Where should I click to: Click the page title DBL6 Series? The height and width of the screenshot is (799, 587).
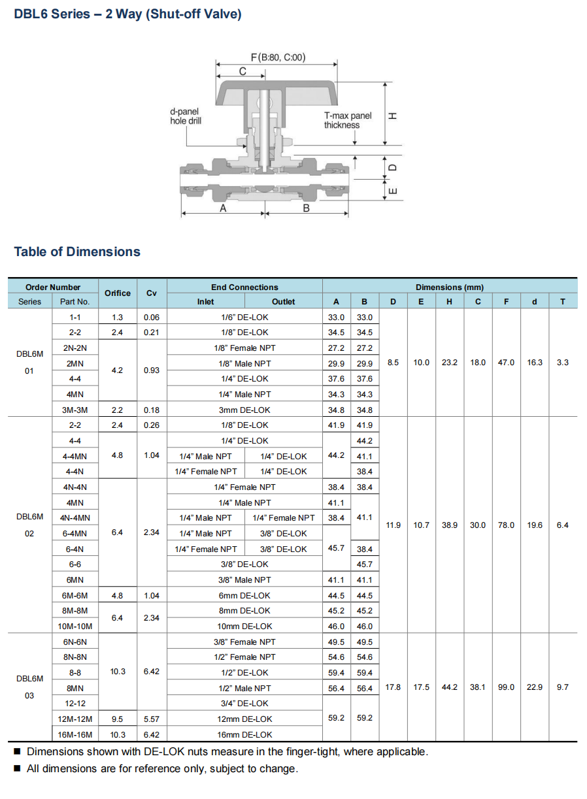tap(127, 14)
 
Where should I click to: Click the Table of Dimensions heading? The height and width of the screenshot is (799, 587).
tap(77, 252)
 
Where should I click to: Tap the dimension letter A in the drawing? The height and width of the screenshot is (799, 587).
tap(223, 208)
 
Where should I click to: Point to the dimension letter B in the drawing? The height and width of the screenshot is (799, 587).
tap(306, 208)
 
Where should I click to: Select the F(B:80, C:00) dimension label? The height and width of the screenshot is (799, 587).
tap(278, 57)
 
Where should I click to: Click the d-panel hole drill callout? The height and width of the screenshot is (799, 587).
tap(186, 116)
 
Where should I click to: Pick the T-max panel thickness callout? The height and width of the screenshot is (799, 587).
tap(347, 120)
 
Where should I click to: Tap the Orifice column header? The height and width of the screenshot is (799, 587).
tap(118, 293)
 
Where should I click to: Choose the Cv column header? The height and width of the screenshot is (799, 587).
tap(152, 293)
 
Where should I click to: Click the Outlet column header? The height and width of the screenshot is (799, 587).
tap(283, 302)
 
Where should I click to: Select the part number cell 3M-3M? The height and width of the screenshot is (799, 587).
tap(75, 410)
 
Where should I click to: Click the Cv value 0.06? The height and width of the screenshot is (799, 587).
tap(152, 317)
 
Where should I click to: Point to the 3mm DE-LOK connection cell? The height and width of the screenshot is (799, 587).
tap(244, 410)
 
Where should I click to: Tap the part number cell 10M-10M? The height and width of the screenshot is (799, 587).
tap(75, 626)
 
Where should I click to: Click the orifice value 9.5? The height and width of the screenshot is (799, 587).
tap(118, 719)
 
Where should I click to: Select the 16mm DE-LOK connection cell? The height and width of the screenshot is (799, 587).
tap(244, 734)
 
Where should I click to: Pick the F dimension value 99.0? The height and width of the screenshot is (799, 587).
tap(506, 687)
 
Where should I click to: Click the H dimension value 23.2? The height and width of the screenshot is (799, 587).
tap(449, 363)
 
